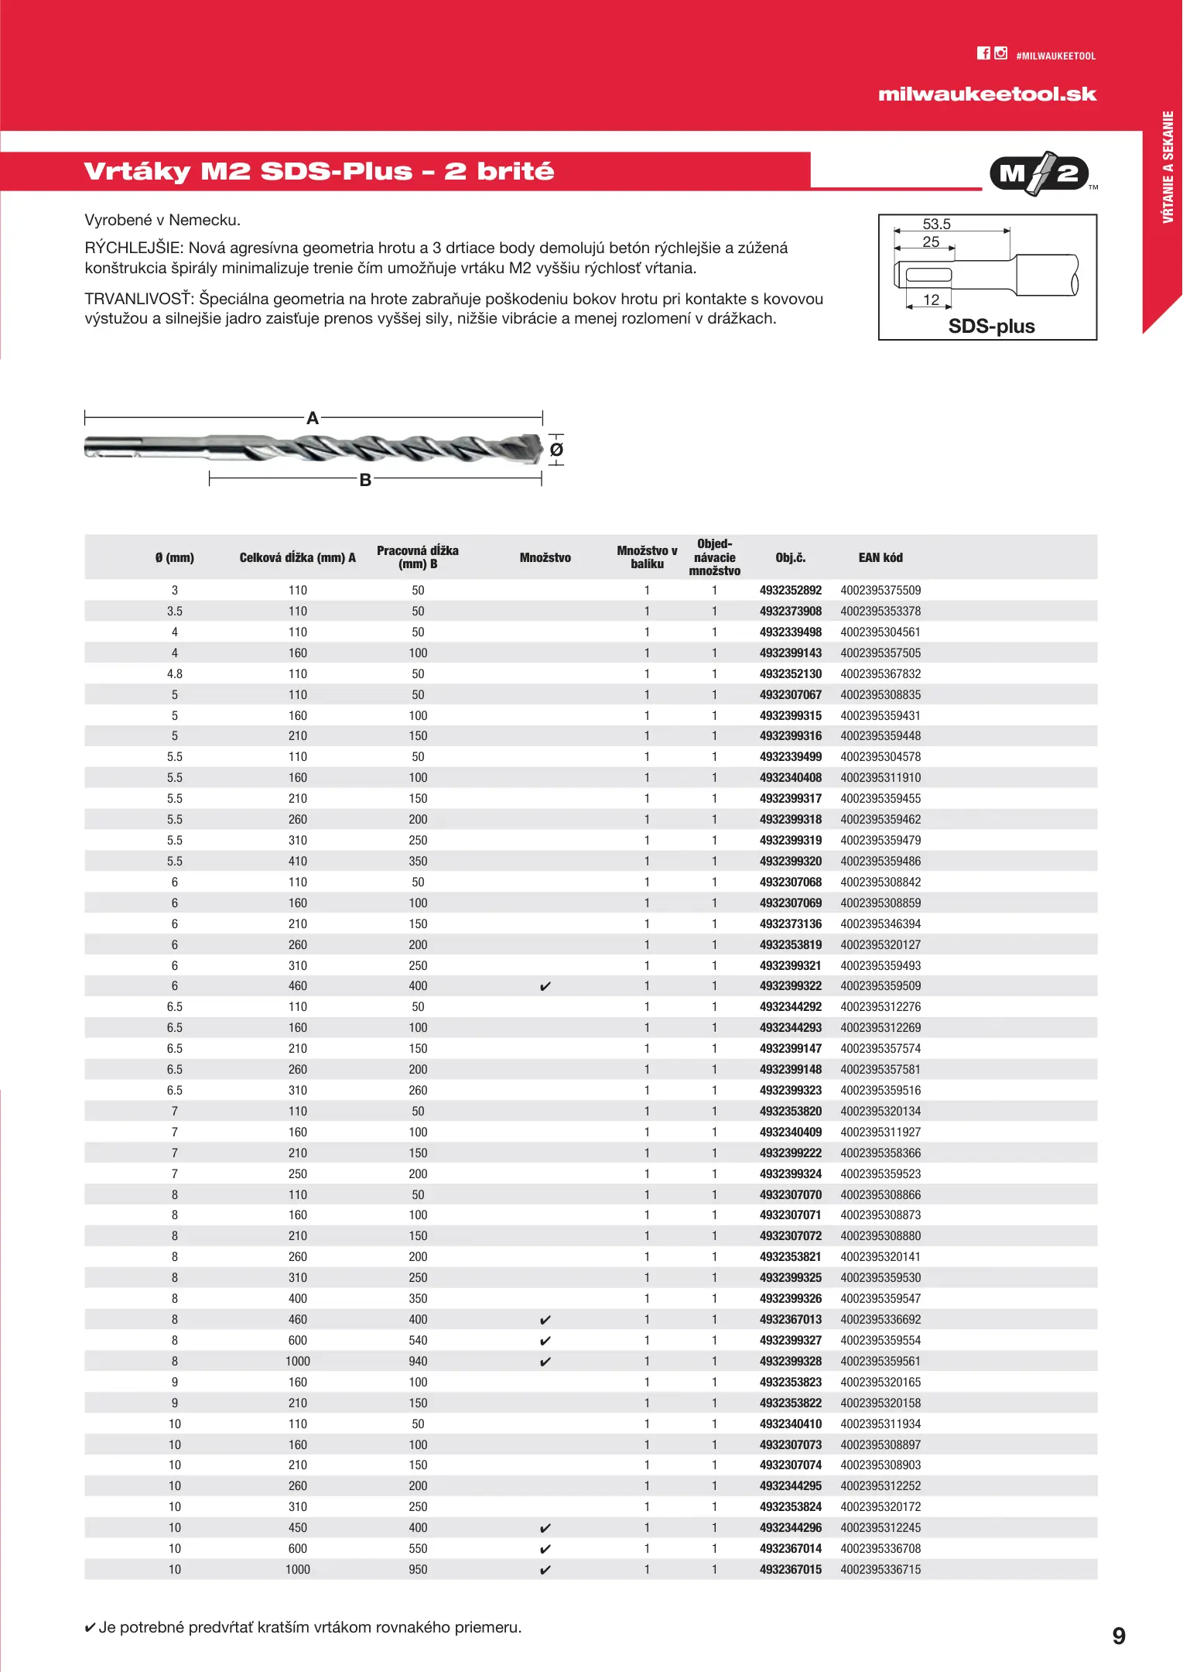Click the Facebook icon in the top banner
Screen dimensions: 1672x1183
[x=983, y=53]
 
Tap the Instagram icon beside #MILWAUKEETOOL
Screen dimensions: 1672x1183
[x=1001, y=53]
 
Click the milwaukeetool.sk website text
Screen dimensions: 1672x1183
[x=987, y=94]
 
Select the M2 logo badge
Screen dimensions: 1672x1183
[x=1039, y=173]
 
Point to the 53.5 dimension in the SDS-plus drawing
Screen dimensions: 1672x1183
[x=936, y=224]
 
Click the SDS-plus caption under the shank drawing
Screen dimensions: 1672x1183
[x=991, y=326]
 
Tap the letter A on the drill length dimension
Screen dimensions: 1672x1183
[x=313, y=418]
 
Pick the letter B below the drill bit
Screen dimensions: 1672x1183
[x=365, y=480]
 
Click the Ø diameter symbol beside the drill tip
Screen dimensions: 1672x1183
[x=556, y=450]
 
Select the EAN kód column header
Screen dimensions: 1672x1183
[x=880, y=557]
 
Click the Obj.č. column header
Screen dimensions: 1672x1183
[x=790, y=557]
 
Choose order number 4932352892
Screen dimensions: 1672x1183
[x=790, y=591]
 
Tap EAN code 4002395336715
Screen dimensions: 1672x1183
[x=880, y=1569]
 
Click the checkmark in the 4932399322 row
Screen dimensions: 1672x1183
[x=545, y=986]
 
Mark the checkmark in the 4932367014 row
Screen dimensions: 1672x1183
[x=545, y=1549]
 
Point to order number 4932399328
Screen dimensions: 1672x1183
[x=790, y=1361]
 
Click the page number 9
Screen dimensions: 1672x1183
[x=1119, y=1636]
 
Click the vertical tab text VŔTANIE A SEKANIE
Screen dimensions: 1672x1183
[x=1168, y=167]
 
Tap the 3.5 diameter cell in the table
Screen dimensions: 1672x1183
[x=175, y=612]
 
